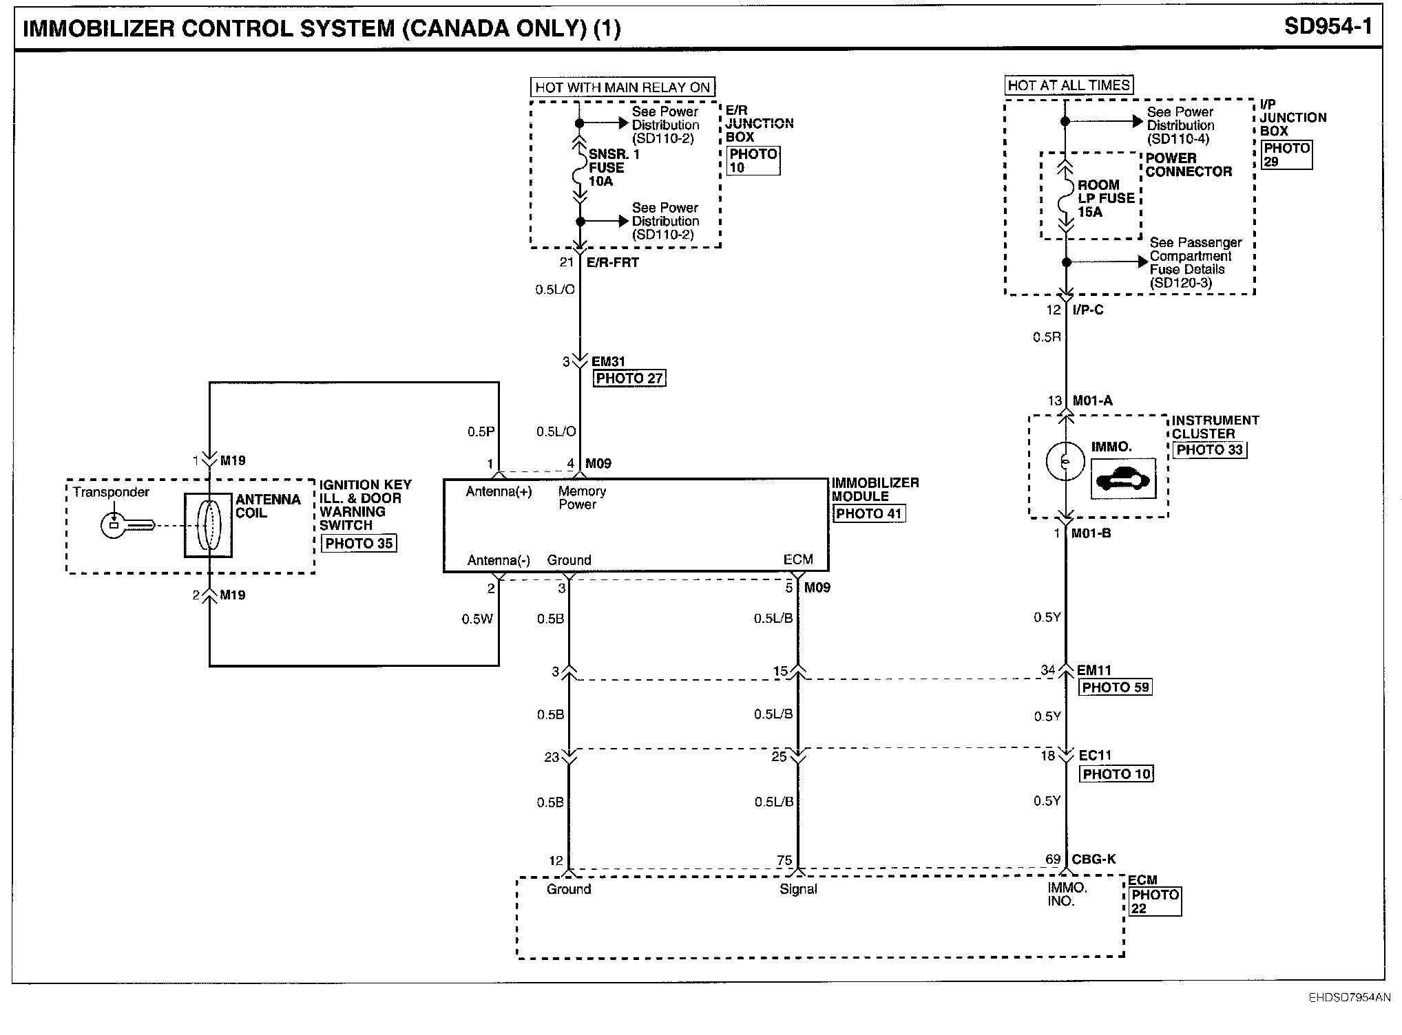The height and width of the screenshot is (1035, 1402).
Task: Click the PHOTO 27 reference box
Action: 629,378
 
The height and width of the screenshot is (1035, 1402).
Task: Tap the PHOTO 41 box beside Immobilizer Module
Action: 869,513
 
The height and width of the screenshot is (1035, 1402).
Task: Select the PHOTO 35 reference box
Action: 359,543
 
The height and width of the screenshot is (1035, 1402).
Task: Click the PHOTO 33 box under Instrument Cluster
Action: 1210,449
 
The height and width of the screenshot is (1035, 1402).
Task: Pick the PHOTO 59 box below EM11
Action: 1116,687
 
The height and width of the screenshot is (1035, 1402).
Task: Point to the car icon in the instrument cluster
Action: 1124,478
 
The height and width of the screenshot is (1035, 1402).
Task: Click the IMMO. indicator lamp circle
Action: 1065,461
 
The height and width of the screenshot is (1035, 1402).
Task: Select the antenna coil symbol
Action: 208,525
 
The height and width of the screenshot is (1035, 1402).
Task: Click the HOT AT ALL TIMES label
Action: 1069,85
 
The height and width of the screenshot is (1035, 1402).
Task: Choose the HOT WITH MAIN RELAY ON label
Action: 622,87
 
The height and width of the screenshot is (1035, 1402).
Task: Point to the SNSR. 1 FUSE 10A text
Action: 614,167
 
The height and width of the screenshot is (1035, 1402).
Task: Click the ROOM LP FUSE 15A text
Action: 1106,198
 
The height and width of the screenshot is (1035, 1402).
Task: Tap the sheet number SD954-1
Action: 1328,27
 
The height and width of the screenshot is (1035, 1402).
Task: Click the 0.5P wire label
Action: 481,431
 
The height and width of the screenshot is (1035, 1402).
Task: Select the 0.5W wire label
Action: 477,619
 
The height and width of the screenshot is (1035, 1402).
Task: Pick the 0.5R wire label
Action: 1047,337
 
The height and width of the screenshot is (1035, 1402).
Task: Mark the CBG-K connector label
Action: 1094,859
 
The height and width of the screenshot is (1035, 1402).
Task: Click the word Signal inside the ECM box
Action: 798,889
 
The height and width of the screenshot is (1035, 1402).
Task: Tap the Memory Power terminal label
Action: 582,498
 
